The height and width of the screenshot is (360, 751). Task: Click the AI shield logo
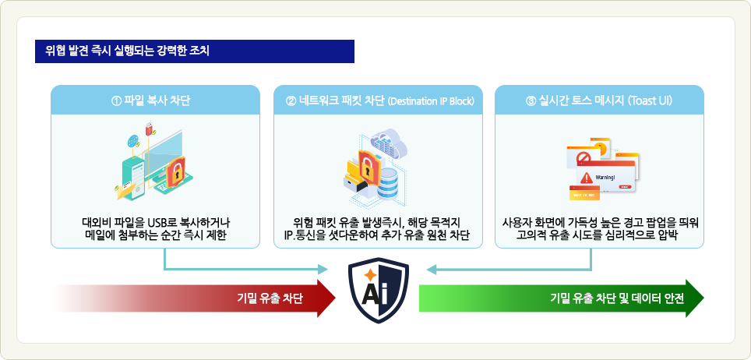coord(379,290)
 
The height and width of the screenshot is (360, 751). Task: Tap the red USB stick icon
coord(149,129)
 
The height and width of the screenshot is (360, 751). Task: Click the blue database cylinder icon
coord(388,184)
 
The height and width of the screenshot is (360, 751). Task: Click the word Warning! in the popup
coord(605,178)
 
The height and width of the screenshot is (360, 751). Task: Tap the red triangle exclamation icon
coord(587,178)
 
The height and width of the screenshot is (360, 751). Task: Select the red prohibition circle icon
coord(582,157)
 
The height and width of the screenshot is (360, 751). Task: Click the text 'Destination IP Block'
coord(431,101)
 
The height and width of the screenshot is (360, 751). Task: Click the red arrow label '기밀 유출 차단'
coord(270,298)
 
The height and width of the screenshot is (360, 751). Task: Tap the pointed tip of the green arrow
coord(703,298)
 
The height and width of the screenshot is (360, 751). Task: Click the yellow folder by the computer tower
coord(126,192)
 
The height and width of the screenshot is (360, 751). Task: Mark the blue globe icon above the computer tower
coord(132,141)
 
